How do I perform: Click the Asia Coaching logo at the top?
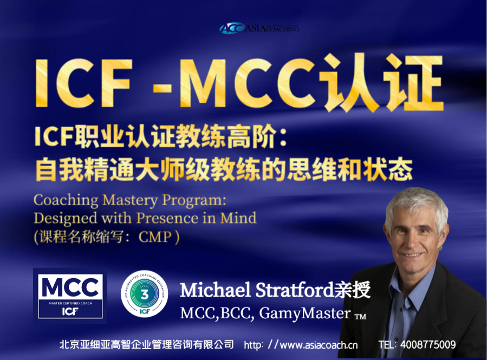258,28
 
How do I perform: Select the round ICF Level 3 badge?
144,296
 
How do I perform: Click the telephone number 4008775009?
432,345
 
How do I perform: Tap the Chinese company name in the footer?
146,345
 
